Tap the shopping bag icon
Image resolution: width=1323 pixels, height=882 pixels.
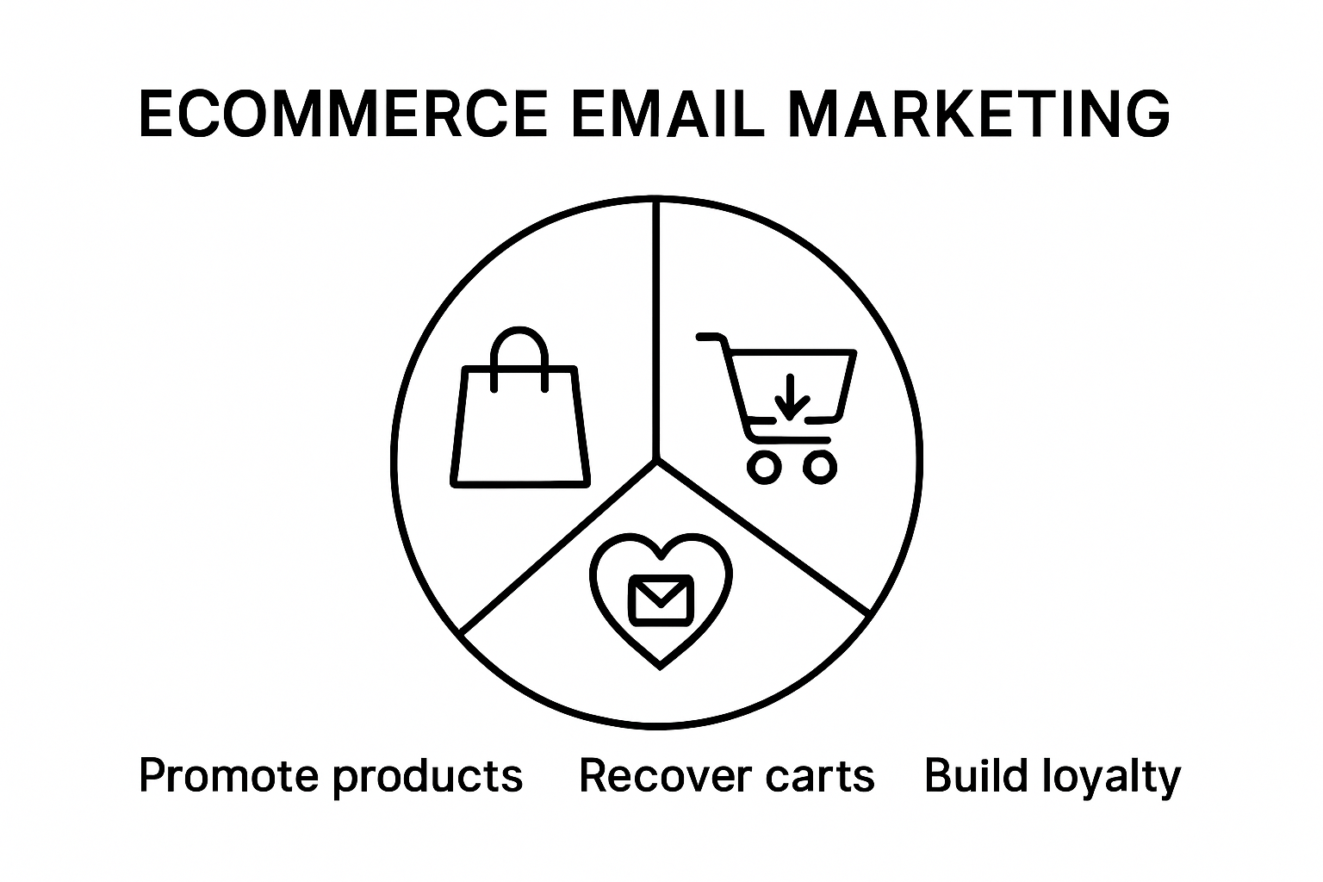519,407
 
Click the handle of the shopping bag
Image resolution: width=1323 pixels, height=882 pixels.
519,331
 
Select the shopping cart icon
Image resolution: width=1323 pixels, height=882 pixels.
777,408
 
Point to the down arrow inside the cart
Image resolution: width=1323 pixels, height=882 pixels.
791,397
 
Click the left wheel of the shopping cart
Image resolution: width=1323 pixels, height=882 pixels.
764,468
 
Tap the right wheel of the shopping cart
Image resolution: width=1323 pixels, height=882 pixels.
820,468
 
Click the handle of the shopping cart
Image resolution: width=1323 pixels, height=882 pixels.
711,337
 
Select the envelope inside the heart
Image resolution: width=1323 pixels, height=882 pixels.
661,600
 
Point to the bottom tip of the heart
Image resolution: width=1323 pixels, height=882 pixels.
661,668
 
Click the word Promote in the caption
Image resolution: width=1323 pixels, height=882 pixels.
229,776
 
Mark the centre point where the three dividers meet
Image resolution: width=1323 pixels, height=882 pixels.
656,460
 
